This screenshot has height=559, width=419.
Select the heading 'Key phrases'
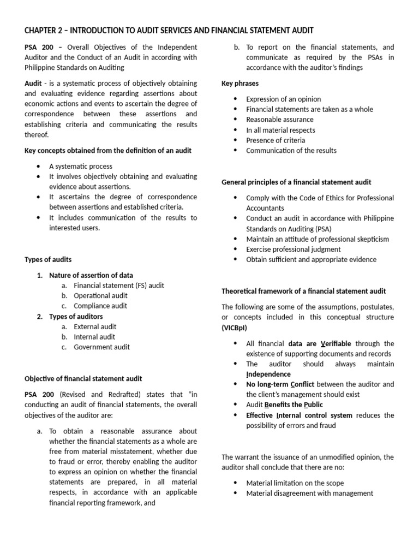click(240, 84)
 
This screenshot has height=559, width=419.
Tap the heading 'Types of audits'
click(48, 259)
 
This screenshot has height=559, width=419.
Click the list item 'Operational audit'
click(100, 295)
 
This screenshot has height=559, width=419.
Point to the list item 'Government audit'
click(101, 347)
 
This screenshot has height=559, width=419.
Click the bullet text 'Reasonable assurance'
click(279, 120)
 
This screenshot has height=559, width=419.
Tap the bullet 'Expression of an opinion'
click(283, 99)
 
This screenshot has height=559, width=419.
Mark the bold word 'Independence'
click(268, 374)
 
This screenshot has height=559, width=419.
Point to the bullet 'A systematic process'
click(81, 166)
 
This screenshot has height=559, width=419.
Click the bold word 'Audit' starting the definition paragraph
click(33, 83)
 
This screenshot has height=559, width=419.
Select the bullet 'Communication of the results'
click(291, 150)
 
